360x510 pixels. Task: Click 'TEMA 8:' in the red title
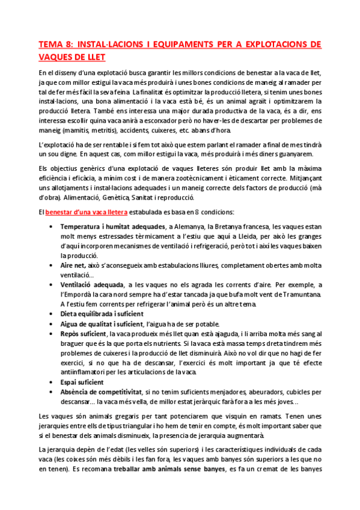[x=56, y=45]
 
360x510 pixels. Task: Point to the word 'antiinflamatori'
[x=84, y=372]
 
